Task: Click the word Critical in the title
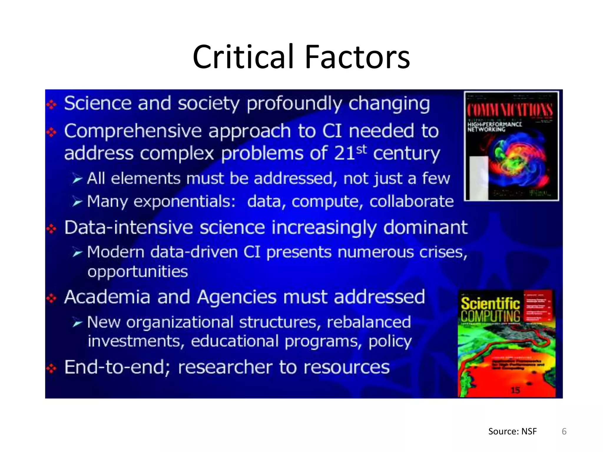click(243, 56)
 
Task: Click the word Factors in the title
click(357, 56)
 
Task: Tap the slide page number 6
click(564, 431)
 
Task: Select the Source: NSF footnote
click(512, 431)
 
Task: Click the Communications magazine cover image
click(511, 146)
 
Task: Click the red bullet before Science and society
click(52, 104)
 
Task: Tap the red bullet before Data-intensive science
click(52, 229)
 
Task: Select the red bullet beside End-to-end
click(52, 368)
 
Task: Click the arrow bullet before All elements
click(77, 179)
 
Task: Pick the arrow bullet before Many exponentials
click(77, 202)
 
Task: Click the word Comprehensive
click(133, 131)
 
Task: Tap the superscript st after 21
click(362, 149)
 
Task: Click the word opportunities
click(138, 272)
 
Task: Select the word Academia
click(107, 297)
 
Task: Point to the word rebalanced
click(369, 322)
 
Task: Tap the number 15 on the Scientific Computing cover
click(515, 390)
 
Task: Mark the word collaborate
click(411, 202)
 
